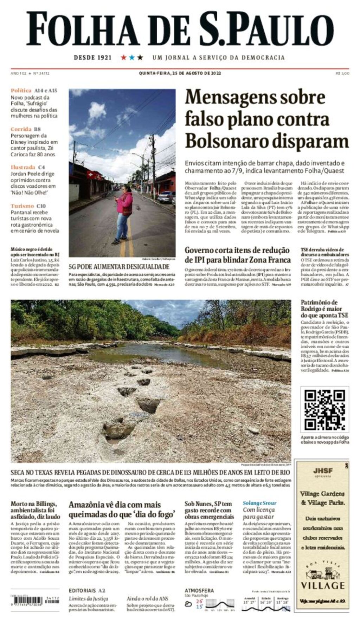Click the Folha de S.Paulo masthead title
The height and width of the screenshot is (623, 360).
pyautogui.click(x=180, y=29)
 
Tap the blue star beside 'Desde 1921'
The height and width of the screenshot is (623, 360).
pyautogui.click(x=132, y=57)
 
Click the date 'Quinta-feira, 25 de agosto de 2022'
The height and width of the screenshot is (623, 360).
pyautogui.click(x=180, y=73)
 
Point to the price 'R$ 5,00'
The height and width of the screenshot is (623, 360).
pyautogui.click(x=342, y=73)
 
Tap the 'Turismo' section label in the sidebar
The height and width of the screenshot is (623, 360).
pyautogui.click(x=22, y=206)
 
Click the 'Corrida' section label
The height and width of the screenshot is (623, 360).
pyautogui.click(x=21, y=129)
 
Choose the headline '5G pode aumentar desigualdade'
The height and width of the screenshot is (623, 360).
pyautogui.click(x=119, y=267)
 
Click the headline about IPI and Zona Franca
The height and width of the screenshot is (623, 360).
pyautogui.click(x=238, y=255)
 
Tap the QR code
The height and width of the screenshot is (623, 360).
pyautogui.click(x=324, y=409)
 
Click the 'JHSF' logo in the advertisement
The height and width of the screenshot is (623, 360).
pyautogui.click(x=323, y=471)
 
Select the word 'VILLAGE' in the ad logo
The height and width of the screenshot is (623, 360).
pyautogui.click(x=322, y=585)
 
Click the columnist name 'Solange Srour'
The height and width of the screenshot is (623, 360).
pyautogui.click(x=259, y=503)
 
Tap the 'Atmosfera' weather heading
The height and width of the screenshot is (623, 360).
pyautogui.click(x=199, y=590)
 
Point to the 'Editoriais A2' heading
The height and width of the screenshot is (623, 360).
pyautogui.click(x=87, y=590)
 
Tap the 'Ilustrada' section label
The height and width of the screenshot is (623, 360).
pyautogui.click(x=23, y=167)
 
